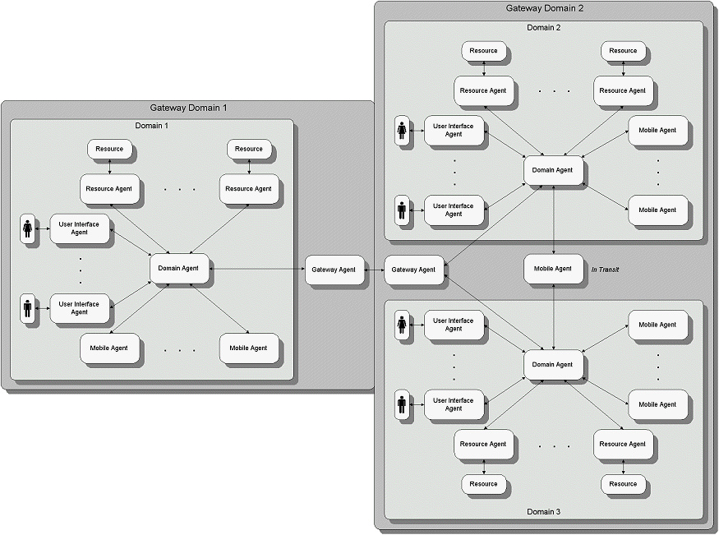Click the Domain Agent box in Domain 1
(x=179, y=269)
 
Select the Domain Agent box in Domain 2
(x=553, y=170)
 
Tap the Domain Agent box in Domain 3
(x=553, y=364)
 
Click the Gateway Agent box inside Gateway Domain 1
(x=334, y=270)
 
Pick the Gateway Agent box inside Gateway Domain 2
(x=413, y=270)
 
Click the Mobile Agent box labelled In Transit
(x=553, y=269)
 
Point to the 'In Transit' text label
(x=605, y=269)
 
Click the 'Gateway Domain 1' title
(x=188, y=108)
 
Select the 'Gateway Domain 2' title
(x=544, y=8)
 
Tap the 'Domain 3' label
(x=543, y=512)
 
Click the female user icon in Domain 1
(x=28, y=228)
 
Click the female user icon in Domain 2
(x=402, y=131)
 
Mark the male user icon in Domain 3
(x=402, y=404)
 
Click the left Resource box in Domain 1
(x=109, y=149)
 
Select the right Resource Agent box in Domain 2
(x=623, y=90)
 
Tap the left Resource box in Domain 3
(x=483, y=484)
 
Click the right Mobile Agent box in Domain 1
(x=248, y=348)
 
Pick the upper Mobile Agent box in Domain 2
(x=657, y=130)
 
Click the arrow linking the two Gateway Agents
(x=375, y=270)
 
